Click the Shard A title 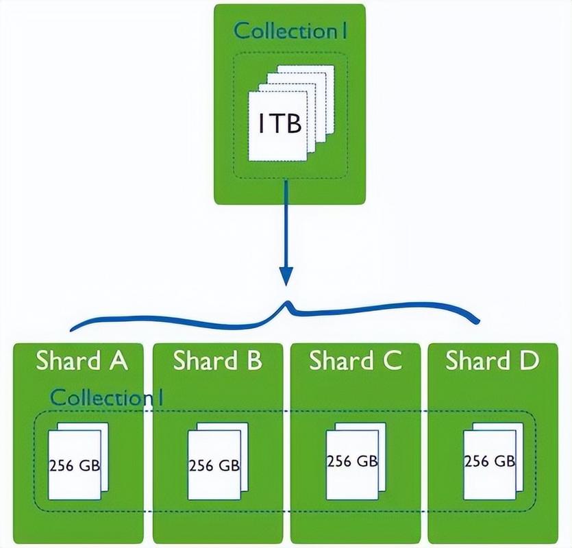pyautogui.click(x=82, y=360)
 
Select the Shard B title pyautogui.click(x=218, y=360)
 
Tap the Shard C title pyautogui.click(x=355, y=360)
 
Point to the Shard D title pyautogui.click(x=492, y=360)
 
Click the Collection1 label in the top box pyautogui.click(x=290, y=31)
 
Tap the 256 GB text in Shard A pyautogui.click(x=75, y=466)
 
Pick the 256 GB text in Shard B pyautogui.click(x=214, y=466)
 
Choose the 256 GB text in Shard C pyautogui.click(x=352, y=460)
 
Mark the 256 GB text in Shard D pyautogui.click(x=489, y=460)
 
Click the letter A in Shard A pyautogui.click(x=118, y=360)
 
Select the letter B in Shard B pyautogui.click(x=253, y=360)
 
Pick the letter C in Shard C pyautogui.click(x=392, y=360)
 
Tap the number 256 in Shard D pyautogui.click(x=477, y=460)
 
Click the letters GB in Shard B pyautogui.click(x=228, y=466)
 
